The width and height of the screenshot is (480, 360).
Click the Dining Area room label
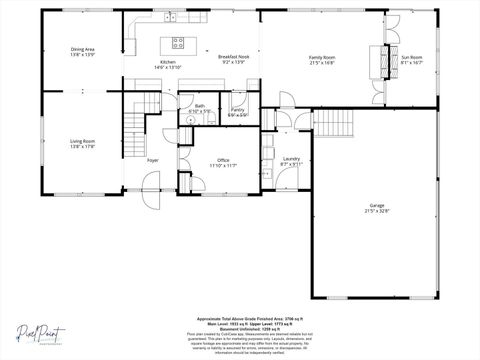coord(83,49)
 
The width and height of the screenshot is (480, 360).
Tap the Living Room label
coord(81,142)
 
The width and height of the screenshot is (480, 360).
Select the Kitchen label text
coord(168,62)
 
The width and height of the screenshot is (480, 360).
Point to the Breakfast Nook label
coord(234,58)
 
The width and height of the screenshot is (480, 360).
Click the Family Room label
coord(322,58)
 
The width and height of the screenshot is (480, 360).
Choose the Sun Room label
coord(412,57)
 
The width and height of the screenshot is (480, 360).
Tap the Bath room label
coord(200,105)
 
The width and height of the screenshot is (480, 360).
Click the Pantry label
coord(238,110)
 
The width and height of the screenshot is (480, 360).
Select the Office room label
coord(224,158)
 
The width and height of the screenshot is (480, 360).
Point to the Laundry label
coord(292,158)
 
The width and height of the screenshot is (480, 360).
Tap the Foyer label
coord(153,159)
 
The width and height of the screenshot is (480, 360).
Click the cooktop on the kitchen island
coord(178,42)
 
